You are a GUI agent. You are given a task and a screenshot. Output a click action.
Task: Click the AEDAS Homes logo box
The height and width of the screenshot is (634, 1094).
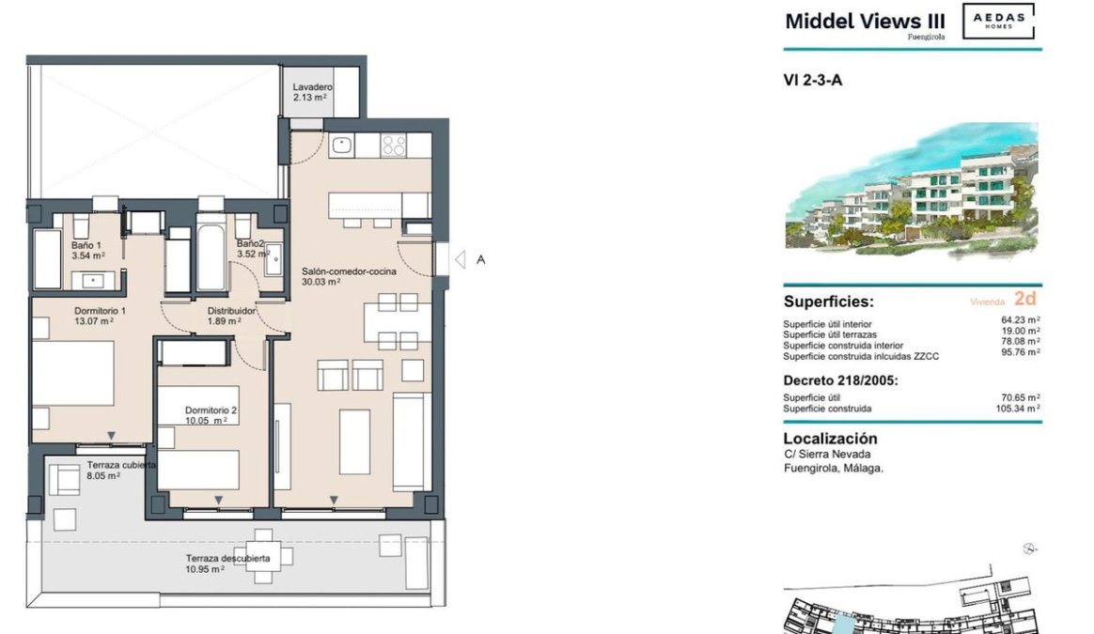(x=998, y=21)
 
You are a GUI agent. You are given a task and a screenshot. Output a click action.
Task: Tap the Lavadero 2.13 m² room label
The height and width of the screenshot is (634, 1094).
(x=312, y=92)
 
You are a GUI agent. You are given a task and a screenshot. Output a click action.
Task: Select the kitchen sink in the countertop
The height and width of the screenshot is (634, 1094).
(x=341, y=145)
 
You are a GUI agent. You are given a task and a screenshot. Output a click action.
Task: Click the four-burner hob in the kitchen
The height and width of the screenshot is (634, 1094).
(x=394, y=145)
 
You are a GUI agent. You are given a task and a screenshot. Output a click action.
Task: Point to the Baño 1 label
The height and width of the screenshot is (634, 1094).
(x=86, y=245)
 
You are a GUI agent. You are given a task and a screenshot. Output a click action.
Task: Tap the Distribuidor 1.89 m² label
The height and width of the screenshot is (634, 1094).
(x=231, y=316)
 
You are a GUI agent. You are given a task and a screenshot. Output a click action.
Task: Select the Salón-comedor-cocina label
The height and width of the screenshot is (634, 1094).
(x=349, y=271)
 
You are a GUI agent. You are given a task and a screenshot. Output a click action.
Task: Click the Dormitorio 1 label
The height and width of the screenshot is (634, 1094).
(x=100, y=311)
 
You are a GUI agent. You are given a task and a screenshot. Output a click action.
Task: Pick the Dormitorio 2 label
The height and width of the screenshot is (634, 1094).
(x=211, y=410)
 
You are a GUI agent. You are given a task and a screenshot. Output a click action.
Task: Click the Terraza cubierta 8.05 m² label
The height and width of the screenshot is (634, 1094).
(x=121, y=470)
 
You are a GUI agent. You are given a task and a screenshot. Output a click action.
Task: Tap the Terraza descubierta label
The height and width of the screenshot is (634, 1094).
(x=227, y=559)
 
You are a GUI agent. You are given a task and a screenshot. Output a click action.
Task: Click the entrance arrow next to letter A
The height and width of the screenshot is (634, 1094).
(x=460, y=259)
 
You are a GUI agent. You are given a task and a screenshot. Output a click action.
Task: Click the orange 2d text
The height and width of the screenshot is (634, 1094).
(x=1025, y=299)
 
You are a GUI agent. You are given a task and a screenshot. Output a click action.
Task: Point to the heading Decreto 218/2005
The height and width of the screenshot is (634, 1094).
(x=841, y=380)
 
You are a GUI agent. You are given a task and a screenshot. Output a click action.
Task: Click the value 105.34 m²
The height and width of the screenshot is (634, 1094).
(x=1018, y=409)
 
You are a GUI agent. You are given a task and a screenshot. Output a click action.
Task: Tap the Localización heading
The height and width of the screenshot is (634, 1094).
(x=830, y=439)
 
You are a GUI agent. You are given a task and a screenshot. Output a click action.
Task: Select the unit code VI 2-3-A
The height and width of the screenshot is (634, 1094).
(x=813, y=80)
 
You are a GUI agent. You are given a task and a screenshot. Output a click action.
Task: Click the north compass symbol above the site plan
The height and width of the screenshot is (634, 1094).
(x=1030, y=549)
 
